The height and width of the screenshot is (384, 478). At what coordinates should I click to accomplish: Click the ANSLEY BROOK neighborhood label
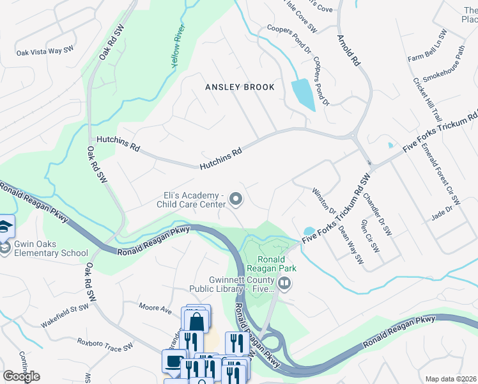[x=240, y=87]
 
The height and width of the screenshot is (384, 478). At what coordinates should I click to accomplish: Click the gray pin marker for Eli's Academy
[x=236, y=200]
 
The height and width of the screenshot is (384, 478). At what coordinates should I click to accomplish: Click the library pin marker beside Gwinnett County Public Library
[x=285, y=282]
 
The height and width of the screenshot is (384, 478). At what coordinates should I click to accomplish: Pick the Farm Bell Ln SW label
[x=428, y=46]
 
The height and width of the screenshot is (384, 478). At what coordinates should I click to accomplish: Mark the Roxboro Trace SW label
[x=107, y=344]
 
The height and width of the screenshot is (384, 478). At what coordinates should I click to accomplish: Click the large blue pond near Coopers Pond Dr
[x=302, y=94]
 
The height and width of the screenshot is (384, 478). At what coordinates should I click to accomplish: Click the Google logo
[x=21, y=376]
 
